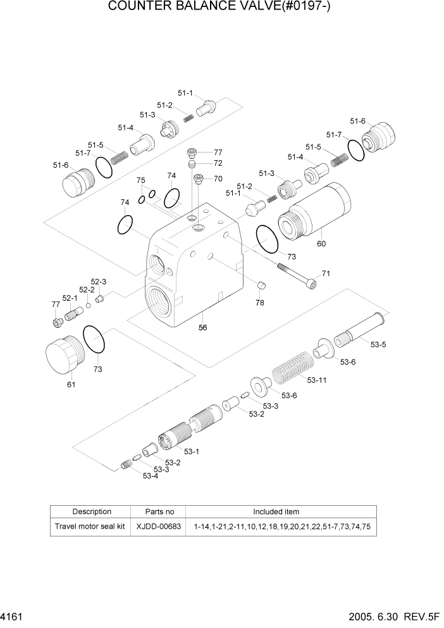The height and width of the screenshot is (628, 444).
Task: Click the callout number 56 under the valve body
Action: (x=203, y=327)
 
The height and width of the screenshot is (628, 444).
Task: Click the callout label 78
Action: (x=260, y=303)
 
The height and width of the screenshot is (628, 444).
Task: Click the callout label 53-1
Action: (x=192, y=451)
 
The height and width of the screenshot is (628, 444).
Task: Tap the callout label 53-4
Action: (x=150, y=475)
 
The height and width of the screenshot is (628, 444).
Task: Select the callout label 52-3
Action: (x=99, y=282)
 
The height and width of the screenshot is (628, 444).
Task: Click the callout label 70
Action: (x=218, y=179)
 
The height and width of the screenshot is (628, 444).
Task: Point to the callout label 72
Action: (x=218, y=164)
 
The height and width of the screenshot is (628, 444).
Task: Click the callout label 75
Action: (x=141, y=180)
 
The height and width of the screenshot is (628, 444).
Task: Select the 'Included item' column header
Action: (x=276, y=512)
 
